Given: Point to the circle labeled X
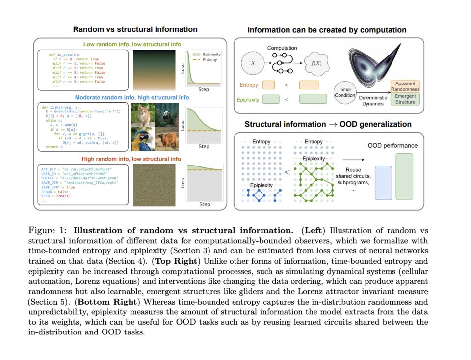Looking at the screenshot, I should point(253,63).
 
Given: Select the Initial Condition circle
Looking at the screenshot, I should point(344,92).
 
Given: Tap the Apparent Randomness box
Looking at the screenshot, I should point(405,86).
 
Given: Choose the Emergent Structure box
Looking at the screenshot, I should point(405,99).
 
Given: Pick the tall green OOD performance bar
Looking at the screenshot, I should point(404,177).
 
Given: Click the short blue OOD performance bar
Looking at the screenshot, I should point(383,183).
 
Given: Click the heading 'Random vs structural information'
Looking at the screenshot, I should point(135,29).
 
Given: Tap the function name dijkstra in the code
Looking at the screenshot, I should point(61,107).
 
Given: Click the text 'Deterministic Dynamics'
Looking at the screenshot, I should point(373,101).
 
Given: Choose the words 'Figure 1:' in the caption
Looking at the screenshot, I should point(49,231).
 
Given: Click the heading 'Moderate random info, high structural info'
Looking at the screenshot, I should point(132,97).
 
